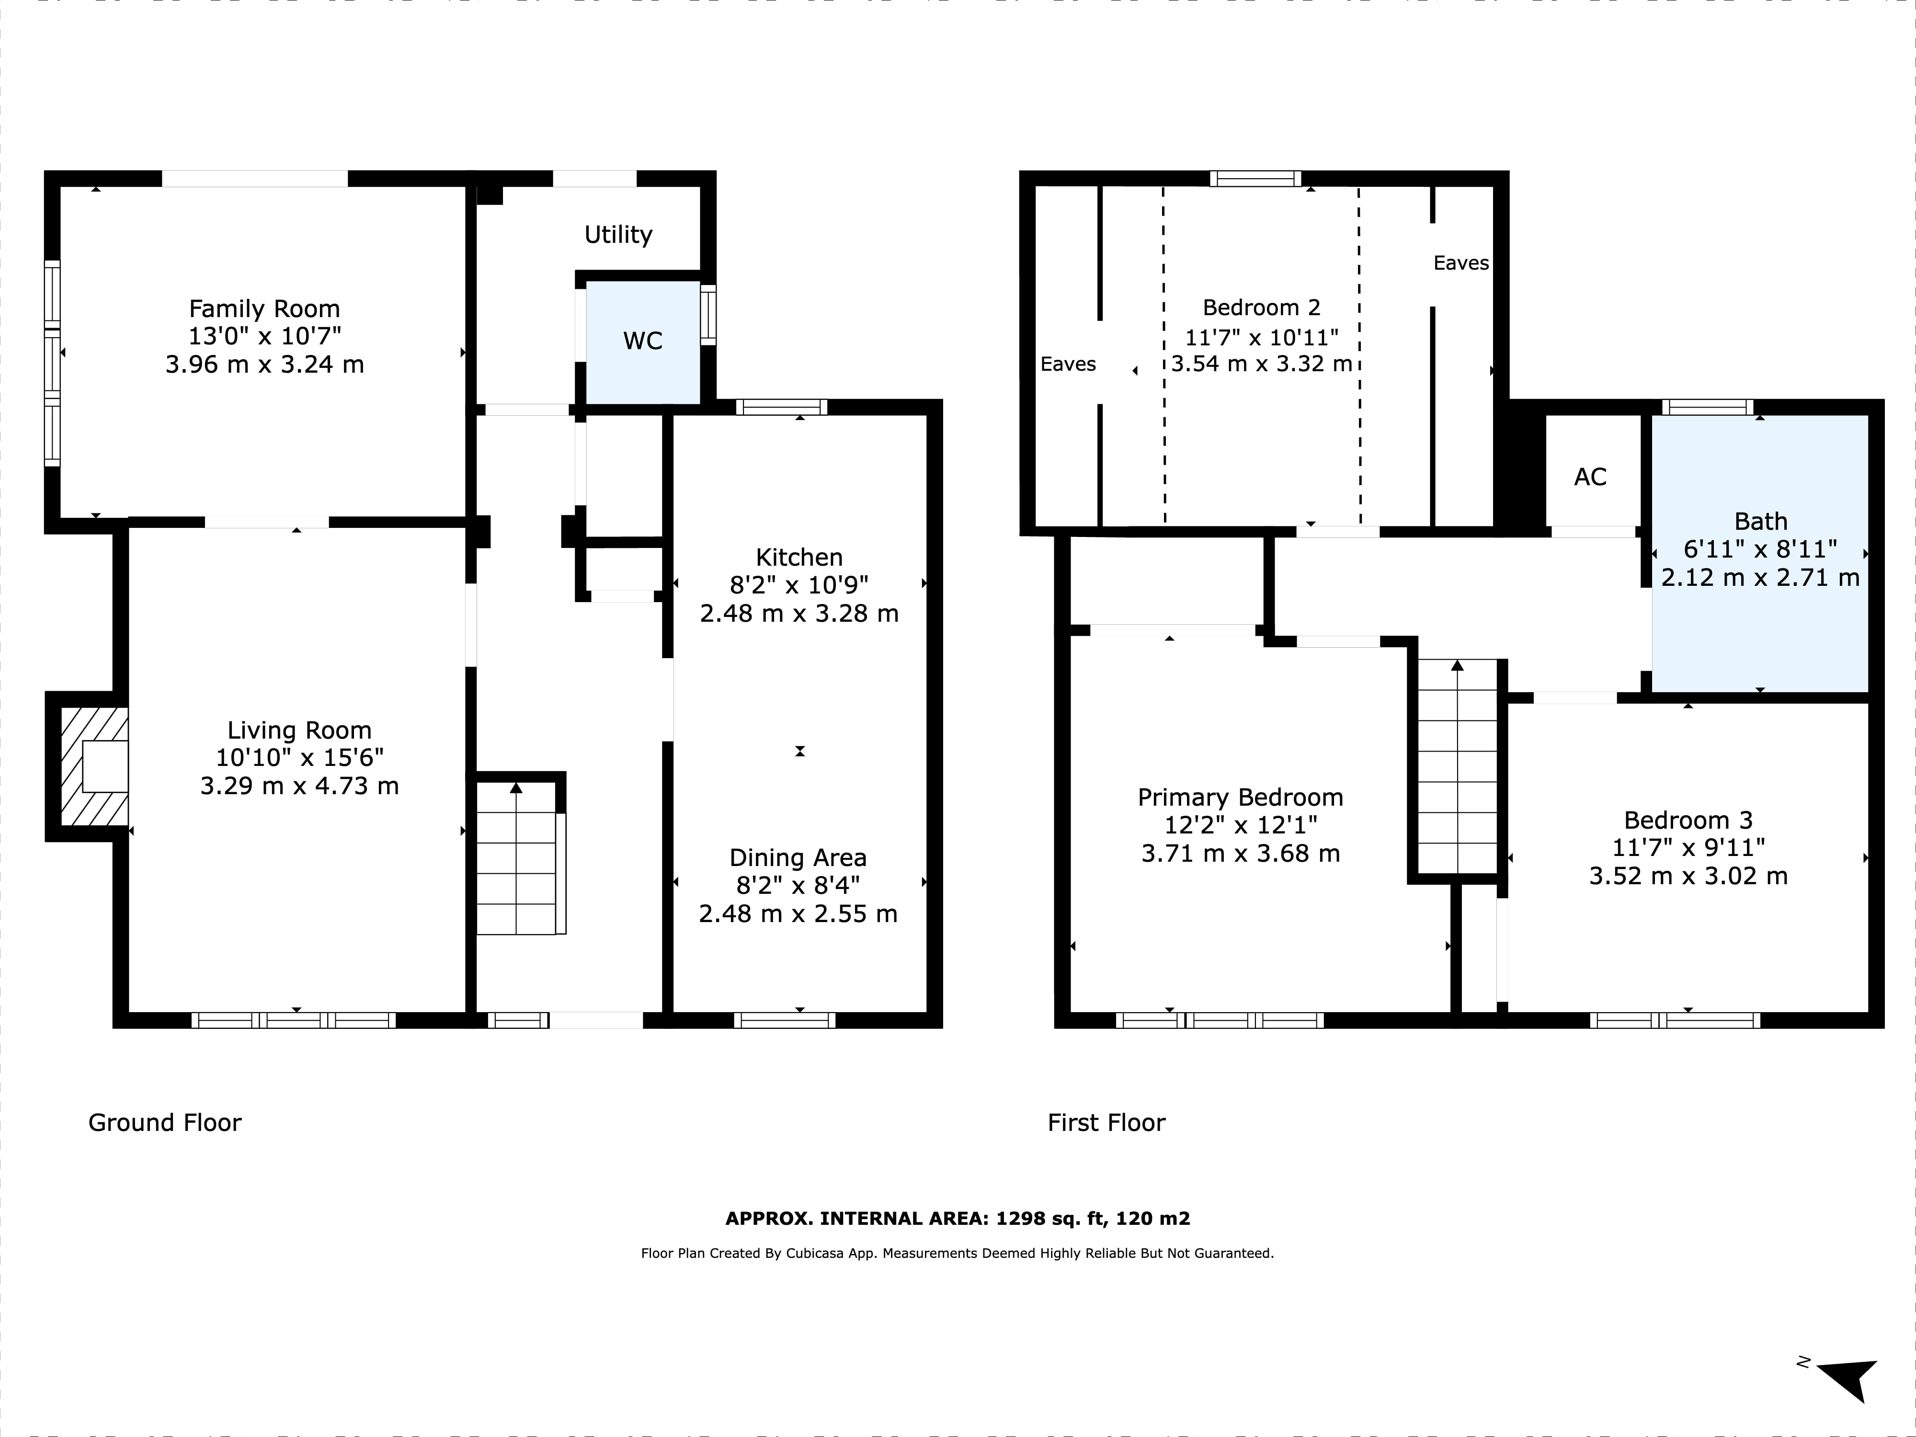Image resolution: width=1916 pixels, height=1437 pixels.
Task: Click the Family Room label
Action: coord(264,309)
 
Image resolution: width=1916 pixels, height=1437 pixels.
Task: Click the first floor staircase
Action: coord(1458,766)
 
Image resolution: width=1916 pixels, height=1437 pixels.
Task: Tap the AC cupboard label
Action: coord(1590,477)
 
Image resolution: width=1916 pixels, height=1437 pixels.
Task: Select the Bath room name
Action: coord(1761,522)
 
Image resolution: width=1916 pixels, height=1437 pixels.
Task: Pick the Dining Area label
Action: coord(798,857)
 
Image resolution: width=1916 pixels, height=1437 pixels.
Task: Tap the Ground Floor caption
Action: coord(165,1123)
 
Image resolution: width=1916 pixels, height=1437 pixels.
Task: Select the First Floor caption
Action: coord(1106,1123)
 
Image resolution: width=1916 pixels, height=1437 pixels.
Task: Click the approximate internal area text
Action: coord(957,1219)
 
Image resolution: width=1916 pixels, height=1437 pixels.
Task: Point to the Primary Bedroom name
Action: coord(1241,797)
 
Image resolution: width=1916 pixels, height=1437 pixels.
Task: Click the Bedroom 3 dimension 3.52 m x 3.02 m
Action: coord(1688,876)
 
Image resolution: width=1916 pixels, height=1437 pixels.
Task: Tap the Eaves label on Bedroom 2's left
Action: coord(1068,364)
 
